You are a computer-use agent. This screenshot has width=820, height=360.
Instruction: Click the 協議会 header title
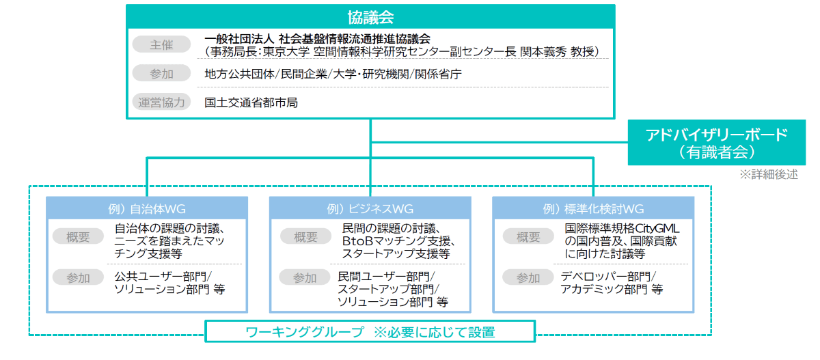click(370, 17)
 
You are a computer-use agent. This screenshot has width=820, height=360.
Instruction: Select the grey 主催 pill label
click(161, 44)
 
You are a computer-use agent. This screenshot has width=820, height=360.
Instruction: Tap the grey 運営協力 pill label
click(161, 102)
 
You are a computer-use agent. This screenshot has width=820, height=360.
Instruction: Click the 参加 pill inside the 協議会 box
click(161, 73)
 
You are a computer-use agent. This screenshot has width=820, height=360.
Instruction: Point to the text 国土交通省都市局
click(251, 102)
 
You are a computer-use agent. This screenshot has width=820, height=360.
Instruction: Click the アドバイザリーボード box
click(716, 143)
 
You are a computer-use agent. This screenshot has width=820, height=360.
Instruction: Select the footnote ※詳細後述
click(768, 174)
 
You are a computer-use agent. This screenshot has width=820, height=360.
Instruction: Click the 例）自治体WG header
click(147, 208)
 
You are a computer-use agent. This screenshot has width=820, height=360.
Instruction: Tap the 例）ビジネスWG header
click(370, 208)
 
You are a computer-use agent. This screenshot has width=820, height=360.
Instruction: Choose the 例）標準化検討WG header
click(593, 208)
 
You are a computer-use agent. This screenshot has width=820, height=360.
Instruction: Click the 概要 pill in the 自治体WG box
click(78, 237)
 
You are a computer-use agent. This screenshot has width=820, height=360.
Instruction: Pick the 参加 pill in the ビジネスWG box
click(305, 277)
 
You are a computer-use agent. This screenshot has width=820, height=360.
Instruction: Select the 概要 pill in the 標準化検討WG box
click(528, 237)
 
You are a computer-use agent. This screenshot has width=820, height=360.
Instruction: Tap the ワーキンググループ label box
click(370, 331)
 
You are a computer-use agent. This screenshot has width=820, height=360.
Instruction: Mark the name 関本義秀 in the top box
click(543, 52)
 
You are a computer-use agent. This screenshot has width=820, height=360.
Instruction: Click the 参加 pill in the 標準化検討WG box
click(528, 277)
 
